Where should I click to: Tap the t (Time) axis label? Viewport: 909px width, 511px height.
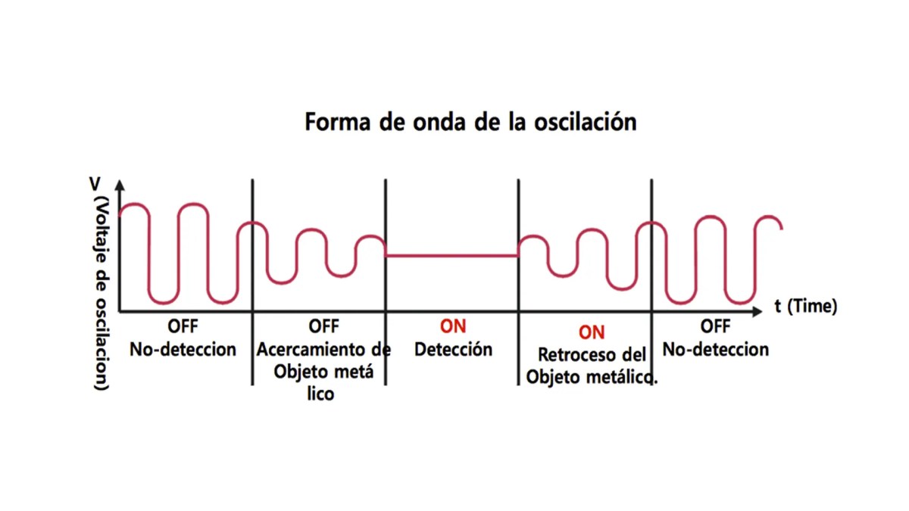click(805, 307)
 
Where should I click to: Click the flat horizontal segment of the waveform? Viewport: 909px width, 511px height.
click(451, 255)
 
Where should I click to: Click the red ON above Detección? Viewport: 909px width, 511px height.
click(453, 326)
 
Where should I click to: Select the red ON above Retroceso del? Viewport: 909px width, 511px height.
click(592, 332)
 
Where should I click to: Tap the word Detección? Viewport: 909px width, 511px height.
click(453, 350)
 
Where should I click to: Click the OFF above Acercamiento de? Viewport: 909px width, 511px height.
click(324, 327)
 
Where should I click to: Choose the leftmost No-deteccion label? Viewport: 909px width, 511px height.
click(183, 350)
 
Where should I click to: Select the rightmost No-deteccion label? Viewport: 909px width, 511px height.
click(715, 350)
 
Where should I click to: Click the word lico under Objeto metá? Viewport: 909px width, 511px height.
click(321, 394)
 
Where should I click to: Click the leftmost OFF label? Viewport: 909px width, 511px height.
click(183, 327)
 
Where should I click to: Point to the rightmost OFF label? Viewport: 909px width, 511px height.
click(715, 327)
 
